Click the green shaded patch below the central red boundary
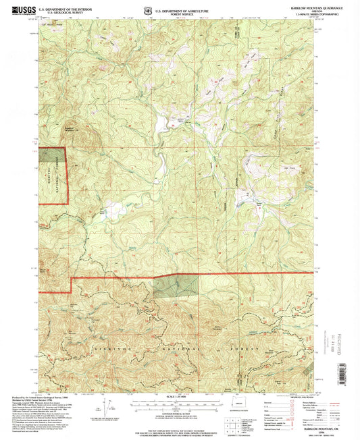tap(175, 286)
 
